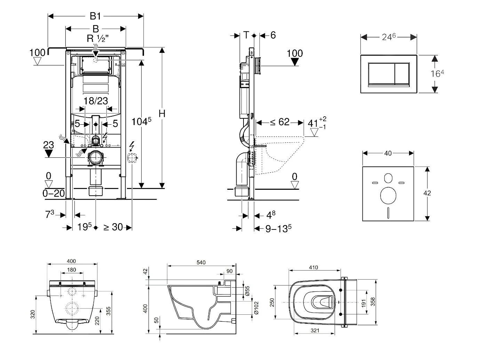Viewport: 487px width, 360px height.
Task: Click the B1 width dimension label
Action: [x=95, y=16]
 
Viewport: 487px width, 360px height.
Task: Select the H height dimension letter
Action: [x=162, y=114]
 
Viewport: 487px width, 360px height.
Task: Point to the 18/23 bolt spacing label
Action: [x=96, y=101]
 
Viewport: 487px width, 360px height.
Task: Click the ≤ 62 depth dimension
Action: [x=280, y=122]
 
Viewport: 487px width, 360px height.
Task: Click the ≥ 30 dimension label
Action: [x=113, y=227]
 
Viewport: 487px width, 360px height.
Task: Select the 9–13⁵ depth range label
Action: [x=278, y=228]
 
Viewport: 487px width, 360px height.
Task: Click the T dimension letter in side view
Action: [x=246, y=35]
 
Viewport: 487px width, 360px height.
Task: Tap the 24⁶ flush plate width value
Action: [x=389, y=37]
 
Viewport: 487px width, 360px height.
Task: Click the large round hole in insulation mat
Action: [x=388, y=196]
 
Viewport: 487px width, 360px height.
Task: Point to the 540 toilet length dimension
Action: [x=201, y=262]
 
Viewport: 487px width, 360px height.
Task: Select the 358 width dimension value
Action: [x=373, y=302]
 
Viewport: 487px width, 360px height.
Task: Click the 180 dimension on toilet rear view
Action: [x=71, y=270]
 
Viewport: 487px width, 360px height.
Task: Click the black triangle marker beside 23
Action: [x=48, y=153]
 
